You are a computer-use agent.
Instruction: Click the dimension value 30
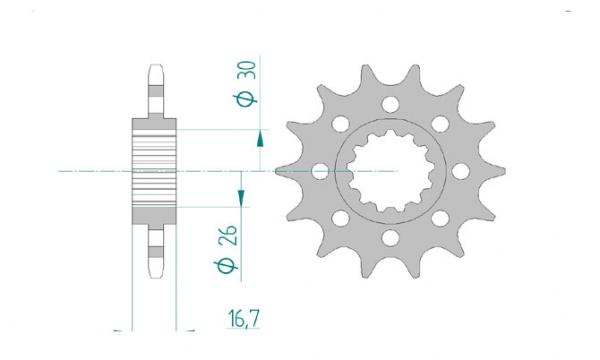(x=246, y=70)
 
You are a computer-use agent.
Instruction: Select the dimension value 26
(x=228, y=235)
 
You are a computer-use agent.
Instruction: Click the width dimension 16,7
(x=244, y=319)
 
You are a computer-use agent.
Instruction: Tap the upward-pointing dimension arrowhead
(x=260, y=138)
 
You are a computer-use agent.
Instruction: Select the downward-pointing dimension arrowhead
(x=241, y=198)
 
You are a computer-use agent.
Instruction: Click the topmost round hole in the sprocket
(x=390, y=104)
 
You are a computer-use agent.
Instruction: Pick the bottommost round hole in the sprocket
(x=390, y=238)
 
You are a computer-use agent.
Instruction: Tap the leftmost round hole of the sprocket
(x=321, y=171)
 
